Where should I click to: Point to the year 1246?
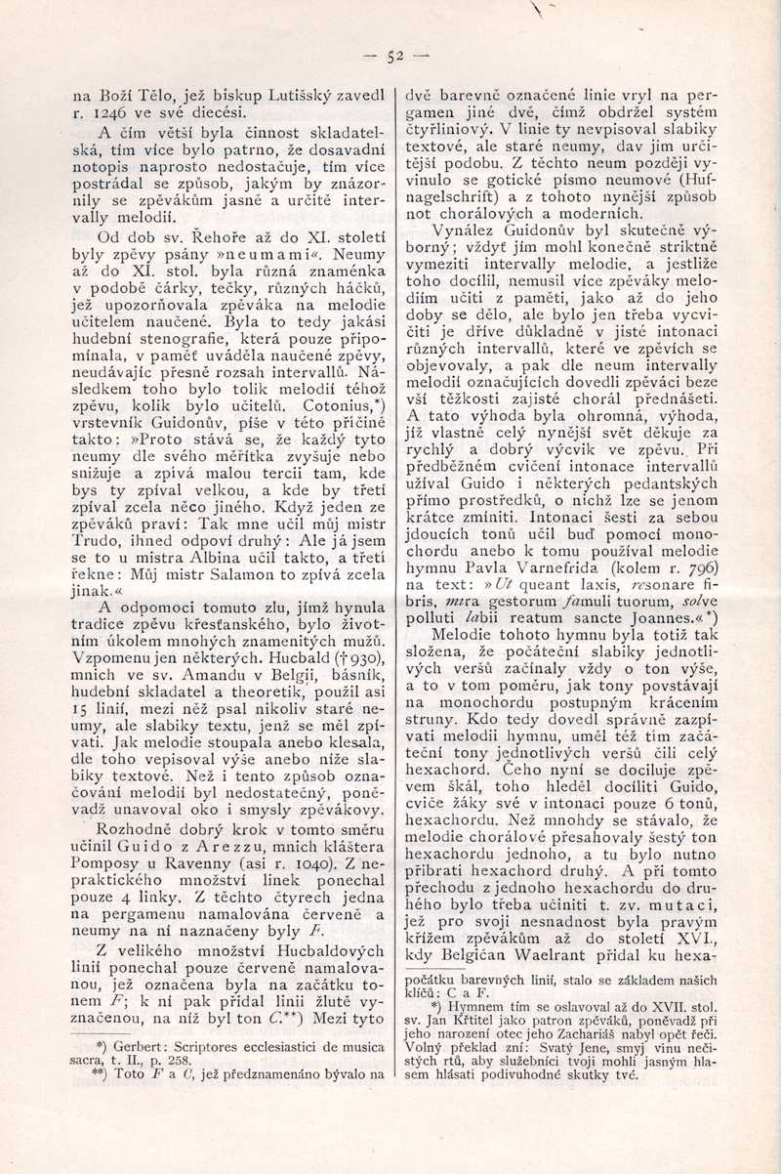point(110,111)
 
